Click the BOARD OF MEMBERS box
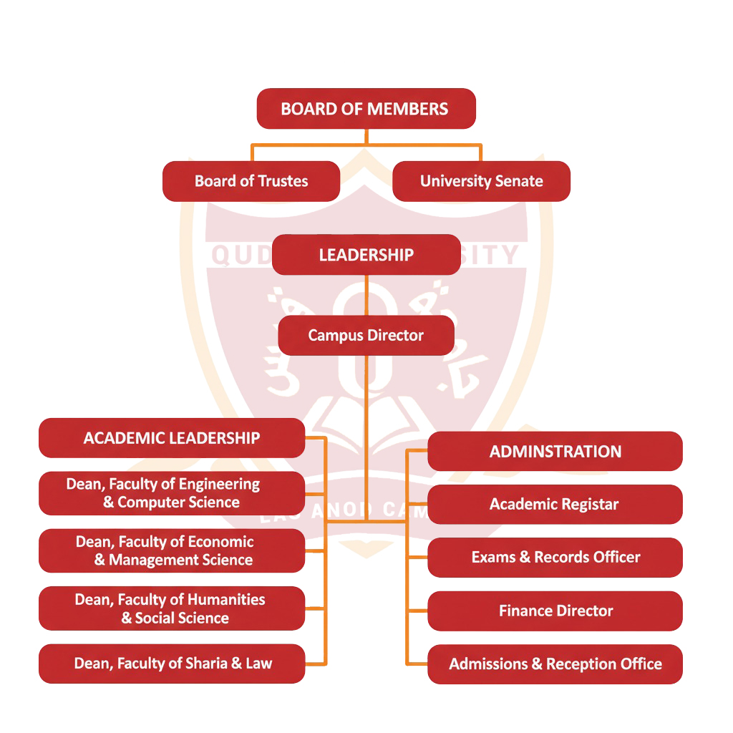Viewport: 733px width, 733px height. (x=366, y=109)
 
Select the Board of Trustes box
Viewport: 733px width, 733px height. (x=251, y=181)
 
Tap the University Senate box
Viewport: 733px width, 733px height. (x=481, y=181)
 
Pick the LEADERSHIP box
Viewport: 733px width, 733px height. (x=366, y=255)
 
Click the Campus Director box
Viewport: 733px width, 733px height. (x=366, y=335)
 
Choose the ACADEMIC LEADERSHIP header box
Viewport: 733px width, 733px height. (x=172, y=438)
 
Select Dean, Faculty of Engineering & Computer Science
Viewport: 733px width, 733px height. (x=172, y=493)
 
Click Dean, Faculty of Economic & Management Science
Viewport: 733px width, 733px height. (x=172, y=550)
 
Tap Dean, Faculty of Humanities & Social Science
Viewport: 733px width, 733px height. (x=172, y=608)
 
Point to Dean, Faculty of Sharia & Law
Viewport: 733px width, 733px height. (x=172, y=664)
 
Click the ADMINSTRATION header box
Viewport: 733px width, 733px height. (x=555, y=452)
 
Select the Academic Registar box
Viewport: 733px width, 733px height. (x=555, y=504)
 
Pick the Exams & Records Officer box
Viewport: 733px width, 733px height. (x=555, y=557)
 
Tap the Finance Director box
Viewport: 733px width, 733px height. (x=555, y=611)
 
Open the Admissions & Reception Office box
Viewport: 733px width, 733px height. (x=555, y=664)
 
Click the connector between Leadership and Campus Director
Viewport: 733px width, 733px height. (x=366, y=295)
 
